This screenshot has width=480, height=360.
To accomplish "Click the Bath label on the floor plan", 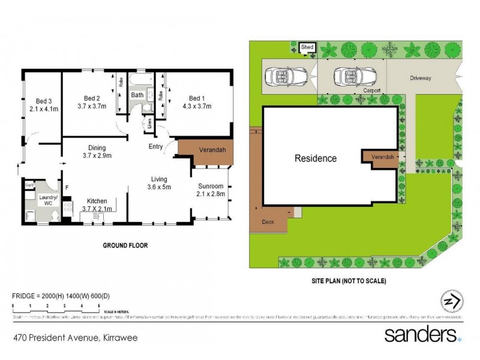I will pyautogui.click(x=137, y=95).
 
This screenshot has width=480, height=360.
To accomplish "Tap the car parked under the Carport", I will pyautogui.click(x=350, y=76).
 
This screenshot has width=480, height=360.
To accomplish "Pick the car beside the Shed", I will pyautogui.click(x=281, y=76).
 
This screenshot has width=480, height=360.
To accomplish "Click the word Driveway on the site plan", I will pyautogui.click(x=420, y=78).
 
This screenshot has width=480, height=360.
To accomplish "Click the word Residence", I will pyautogui.click(x=315, y=159).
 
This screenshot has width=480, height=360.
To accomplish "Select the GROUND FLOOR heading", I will pyautogui.click(x=125, y=245).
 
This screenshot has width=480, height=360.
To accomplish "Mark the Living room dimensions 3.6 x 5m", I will pyautogui.click(x=160, y=187).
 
